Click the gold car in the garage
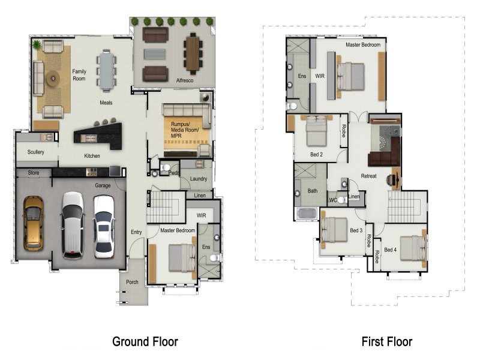34,223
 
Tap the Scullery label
36,152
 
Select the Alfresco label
185,80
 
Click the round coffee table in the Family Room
53,79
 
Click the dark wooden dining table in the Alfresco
193,53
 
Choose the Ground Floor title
145,341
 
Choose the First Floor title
387,341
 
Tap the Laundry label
199,178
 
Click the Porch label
132,282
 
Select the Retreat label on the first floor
368,176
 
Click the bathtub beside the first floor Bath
307,214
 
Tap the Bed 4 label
391,250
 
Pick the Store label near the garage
34,173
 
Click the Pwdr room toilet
166,168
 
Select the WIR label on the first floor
320,76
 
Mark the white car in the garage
104,227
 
